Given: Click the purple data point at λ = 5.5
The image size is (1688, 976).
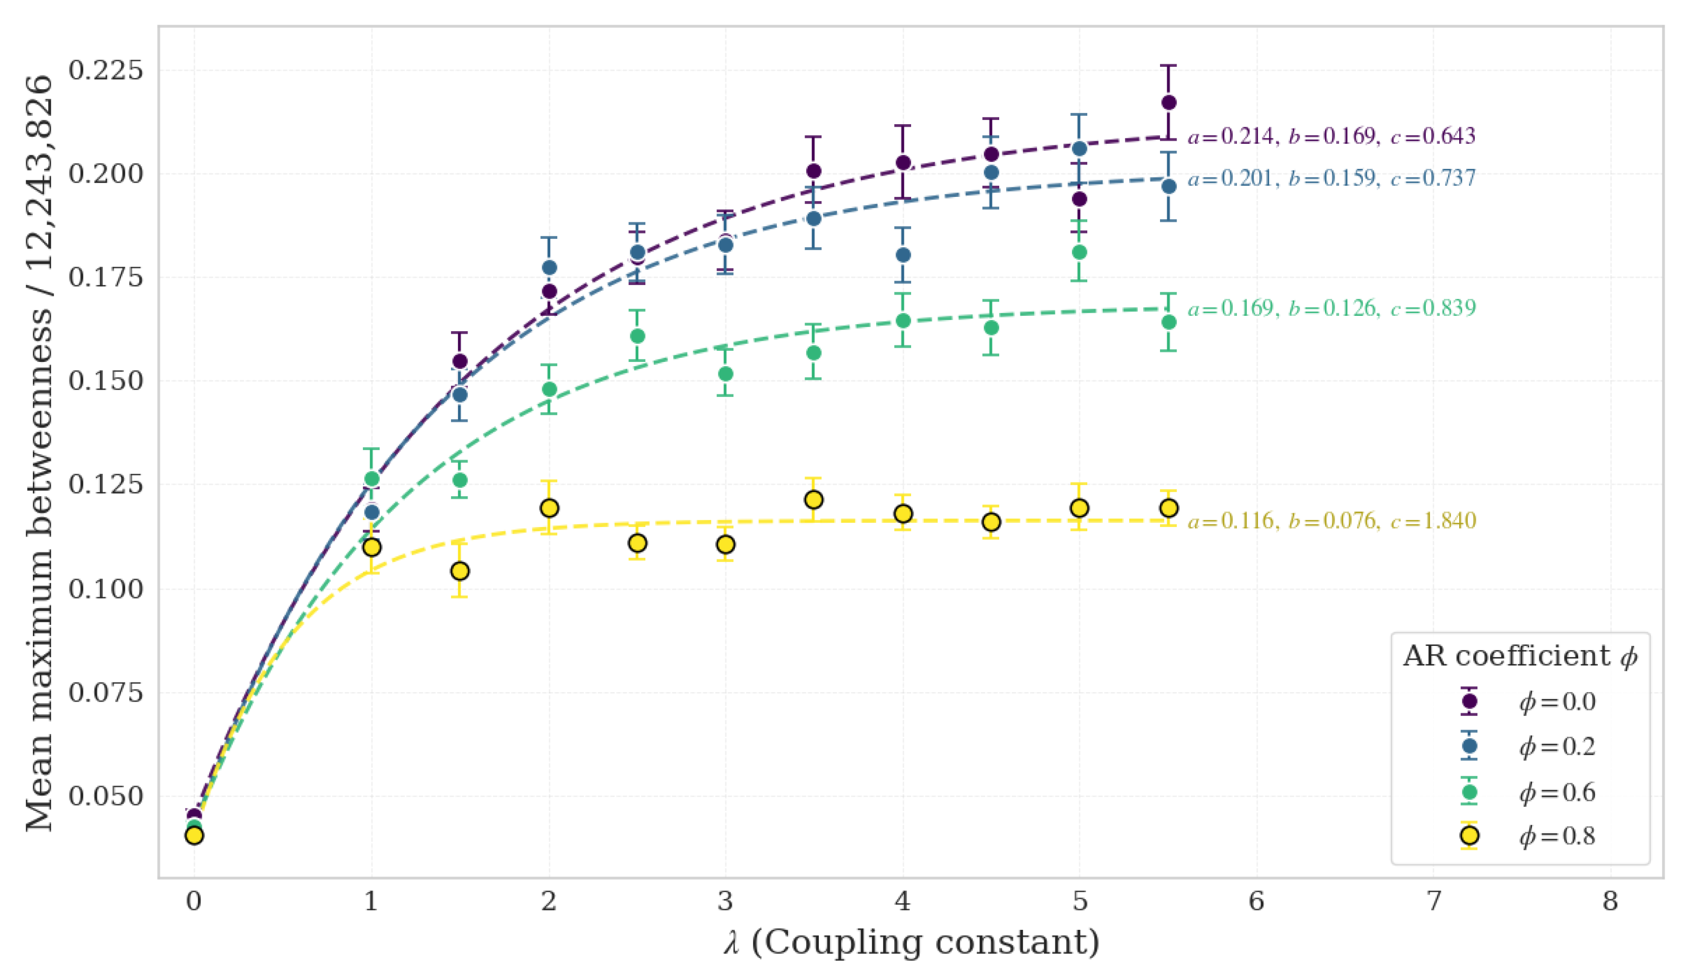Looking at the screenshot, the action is tap(1168, 102).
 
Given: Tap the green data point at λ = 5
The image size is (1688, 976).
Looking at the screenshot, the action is tap(1079, 252).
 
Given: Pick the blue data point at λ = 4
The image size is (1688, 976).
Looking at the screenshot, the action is tap(903, 255).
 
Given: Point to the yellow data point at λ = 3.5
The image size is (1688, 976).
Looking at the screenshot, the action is tap(814, 500).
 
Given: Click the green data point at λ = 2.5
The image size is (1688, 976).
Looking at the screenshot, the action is tap(638, 335).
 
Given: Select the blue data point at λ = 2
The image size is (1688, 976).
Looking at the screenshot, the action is tap(549, 267).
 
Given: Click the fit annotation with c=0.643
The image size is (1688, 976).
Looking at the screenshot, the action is tap(1331, 136).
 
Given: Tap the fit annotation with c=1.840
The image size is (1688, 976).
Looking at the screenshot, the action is tap(1331, 521).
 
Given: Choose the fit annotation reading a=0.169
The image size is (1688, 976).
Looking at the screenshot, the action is tap(1331, 308).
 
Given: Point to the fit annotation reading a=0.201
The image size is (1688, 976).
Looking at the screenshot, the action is tap(1331, 178).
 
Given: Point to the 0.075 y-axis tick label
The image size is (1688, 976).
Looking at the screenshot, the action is tap(106, 692).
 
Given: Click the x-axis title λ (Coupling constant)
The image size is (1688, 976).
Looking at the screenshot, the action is tap(912, 943).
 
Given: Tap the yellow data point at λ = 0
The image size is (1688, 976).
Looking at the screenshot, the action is tap(194, 835).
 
